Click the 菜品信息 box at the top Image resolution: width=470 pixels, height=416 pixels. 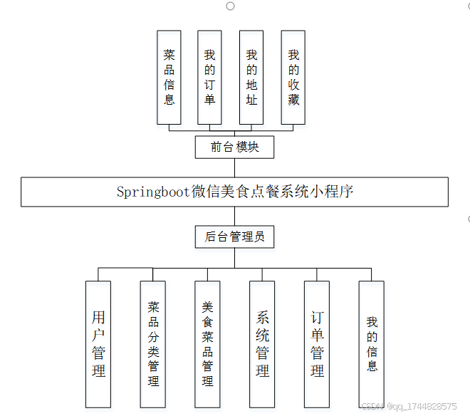click(x=169, y=77)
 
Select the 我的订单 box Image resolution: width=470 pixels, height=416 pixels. click(x=209, y=77)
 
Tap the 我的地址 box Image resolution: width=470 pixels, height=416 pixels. click(x=251, y=77)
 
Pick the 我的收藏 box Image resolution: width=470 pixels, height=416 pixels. click(x=293, y=77)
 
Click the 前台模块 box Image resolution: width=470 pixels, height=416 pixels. click(x=234, y=147)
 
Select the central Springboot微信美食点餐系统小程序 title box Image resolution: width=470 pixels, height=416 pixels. click(x=234, y=192)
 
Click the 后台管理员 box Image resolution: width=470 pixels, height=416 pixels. click(x=234, y=236)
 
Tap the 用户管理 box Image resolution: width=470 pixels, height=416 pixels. click(x=98, y=343)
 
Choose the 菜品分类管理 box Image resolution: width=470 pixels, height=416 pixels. click(x=153, y=343)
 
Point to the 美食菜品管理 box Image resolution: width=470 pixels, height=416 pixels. click(x=207, y=343)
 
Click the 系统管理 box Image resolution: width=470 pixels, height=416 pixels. click(x=262, y=343)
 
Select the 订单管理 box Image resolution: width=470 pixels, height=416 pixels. click(x=317, y=343)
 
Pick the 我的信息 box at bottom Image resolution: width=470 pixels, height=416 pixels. click(x=372, y=343)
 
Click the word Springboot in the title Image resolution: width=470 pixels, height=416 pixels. click(x=153, y=192)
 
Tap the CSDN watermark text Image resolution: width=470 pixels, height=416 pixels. click(x=409, y=406)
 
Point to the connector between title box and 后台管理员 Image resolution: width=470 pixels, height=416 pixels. click(x=234, y=216)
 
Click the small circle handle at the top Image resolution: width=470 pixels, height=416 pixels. click(x=230, y=6)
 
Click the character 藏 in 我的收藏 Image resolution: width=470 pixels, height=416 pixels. click(x=293, y=100)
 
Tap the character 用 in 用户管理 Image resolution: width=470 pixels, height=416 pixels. click(x=98, y=317)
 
